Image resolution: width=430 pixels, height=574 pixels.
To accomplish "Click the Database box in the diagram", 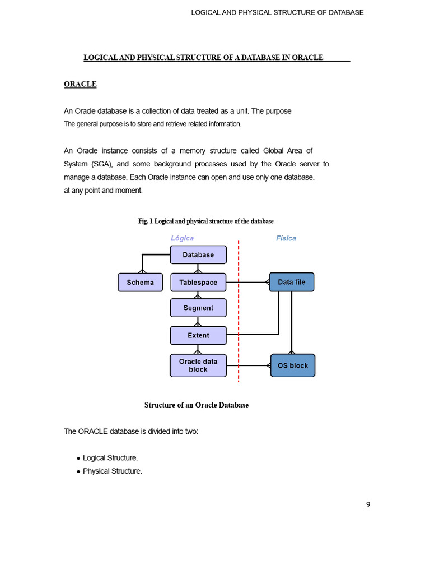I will click(x=198, y=254).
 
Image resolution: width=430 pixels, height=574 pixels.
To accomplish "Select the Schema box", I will click(x=140, y=282).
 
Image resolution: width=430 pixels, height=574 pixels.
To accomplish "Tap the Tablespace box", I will click(x=198, y=282).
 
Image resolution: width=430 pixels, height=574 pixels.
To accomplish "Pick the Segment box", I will click(x=198, y=308).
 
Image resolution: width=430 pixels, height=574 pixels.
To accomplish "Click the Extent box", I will click(x=198, y=335).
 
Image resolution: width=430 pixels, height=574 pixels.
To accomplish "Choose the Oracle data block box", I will click(x=198, y=365).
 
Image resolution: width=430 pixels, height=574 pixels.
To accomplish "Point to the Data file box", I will click(x=292, y=282).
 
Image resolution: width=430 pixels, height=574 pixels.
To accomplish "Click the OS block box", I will click(x=292, y=365).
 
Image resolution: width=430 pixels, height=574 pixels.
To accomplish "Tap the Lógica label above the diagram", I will click(x=182, y=238).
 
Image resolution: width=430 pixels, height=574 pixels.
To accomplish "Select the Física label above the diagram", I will click(x=286, y=238).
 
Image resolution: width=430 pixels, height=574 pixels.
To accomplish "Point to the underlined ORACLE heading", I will click(x=80, y=84).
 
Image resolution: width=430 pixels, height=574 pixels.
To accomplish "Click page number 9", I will click(x=368, y=504).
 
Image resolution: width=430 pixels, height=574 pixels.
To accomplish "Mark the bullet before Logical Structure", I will click(x=78, y=459).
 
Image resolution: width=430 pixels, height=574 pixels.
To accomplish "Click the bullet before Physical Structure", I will click(x=78, y=472).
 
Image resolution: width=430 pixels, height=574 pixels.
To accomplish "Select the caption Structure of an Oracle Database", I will click(x=197, y=405).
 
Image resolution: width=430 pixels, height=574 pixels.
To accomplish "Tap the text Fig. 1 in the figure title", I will click(x=146, y=221).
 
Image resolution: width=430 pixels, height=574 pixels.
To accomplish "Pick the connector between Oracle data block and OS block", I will click(x=249, y=365).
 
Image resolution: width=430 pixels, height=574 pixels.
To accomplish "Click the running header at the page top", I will click(x=277, y=12).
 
